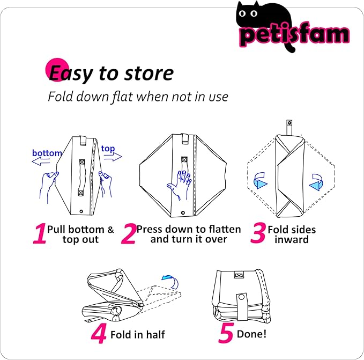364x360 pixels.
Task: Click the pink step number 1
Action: pos(40,233)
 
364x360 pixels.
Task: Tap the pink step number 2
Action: pos(129,233)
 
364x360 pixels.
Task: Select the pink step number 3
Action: pos(258,233)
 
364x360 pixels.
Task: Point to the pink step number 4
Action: pos(99,334)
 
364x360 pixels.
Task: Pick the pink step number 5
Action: pos(226,333)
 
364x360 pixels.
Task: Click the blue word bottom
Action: pos(47,153)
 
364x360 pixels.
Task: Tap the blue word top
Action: pos(108,149)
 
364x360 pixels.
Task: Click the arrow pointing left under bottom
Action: pos(41,161)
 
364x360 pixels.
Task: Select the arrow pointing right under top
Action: pos(113,157)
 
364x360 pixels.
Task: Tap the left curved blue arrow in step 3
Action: pos(260,180)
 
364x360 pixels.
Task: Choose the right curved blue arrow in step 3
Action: pos(316,182)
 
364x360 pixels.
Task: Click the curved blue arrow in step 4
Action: pos(171,281)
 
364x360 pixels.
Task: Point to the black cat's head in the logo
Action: pos(248,13)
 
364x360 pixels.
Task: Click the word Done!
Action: pos(251,334)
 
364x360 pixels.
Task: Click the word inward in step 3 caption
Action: pos(292,239)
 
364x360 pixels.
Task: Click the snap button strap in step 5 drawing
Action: pos(241,306)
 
